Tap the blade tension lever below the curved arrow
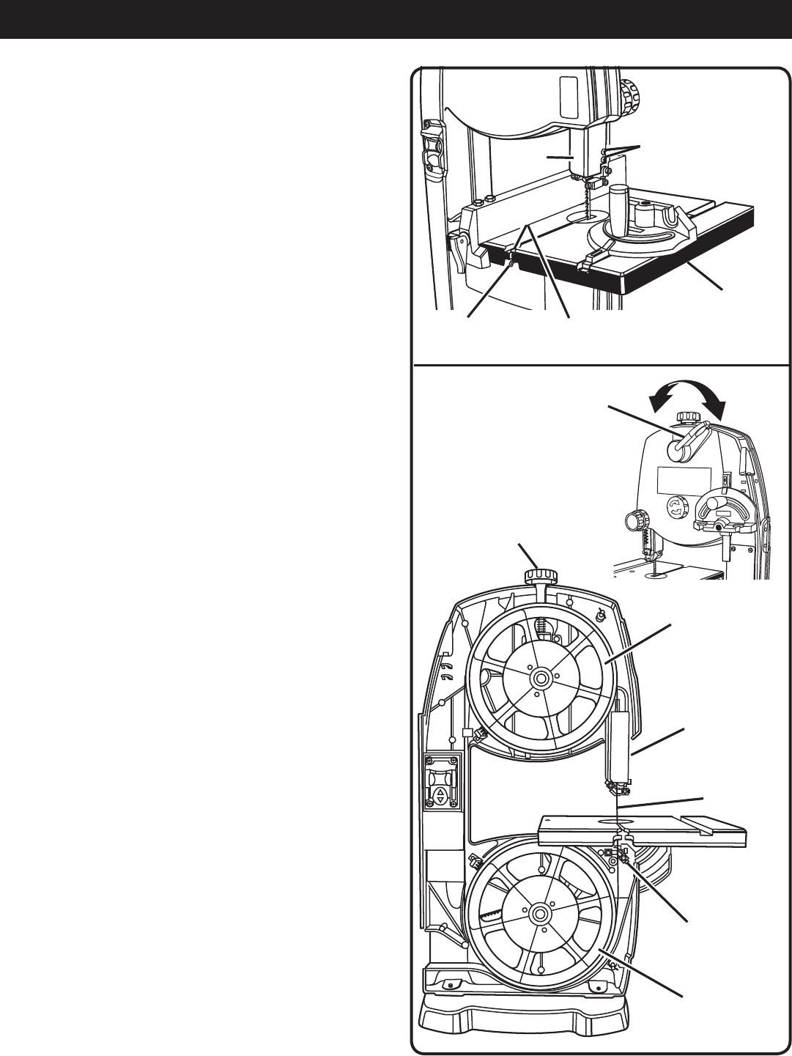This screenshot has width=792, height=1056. tap(689, 443)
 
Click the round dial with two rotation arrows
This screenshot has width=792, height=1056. tap(675, 507)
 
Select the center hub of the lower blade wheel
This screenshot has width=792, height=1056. tap(540, 913)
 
